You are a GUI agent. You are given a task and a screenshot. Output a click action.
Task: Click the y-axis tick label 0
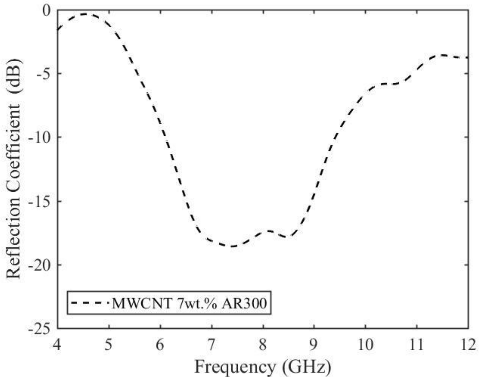click(47, 11)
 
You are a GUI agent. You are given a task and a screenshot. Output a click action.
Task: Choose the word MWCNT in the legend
click(142, 303)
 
